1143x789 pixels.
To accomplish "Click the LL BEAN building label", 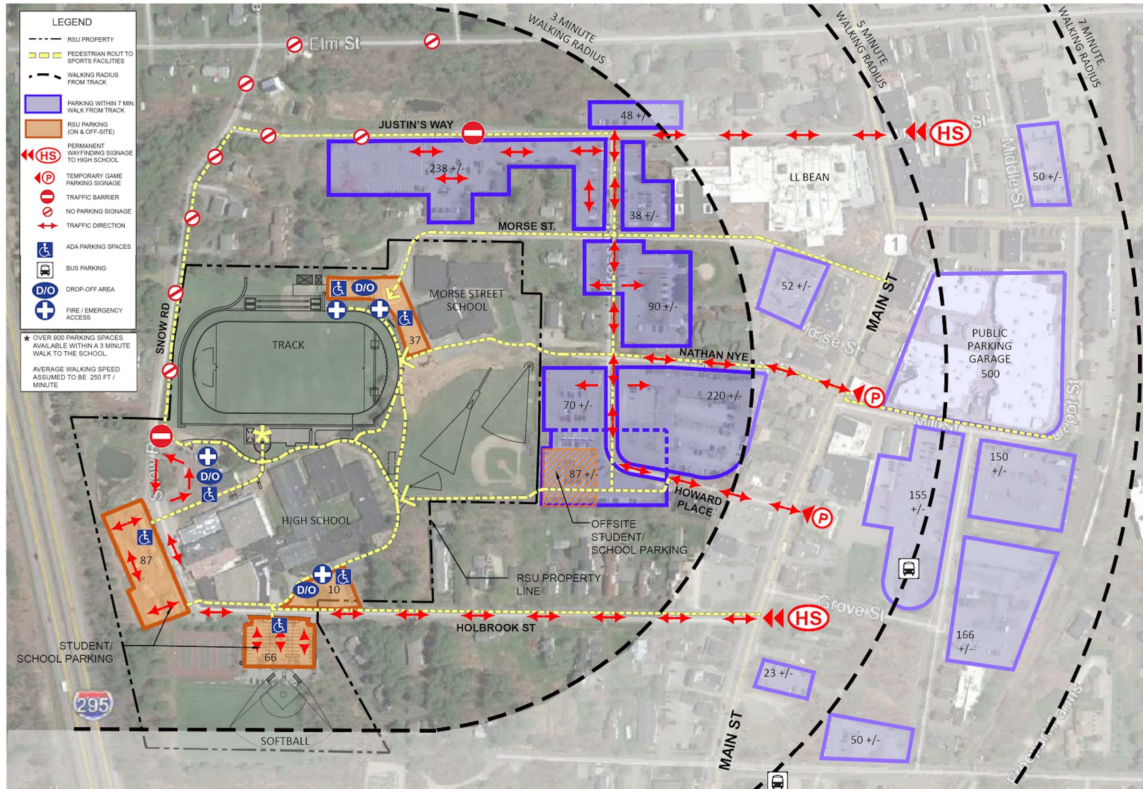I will (809, 177).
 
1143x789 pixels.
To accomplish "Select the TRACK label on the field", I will (288, 345).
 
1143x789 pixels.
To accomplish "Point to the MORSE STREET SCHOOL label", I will (466, 300).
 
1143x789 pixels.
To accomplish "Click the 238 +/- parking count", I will (447, 169).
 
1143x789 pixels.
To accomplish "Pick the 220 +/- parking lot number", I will (724, 396).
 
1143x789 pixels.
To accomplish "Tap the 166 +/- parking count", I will (965, 641).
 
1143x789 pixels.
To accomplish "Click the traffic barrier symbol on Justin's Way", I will (473, 133).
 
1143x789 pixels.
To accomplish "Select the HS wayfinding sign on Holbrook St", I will (808, 618).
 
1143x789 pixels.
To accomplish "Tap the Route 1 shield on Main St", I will (895, 244).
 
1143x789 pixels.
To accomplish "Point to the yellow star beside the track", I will (262, 436).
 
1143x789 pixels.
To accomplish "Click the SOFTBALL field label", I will (285, 741).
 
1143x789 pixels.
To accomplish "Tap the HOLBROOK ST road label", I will (495, 628).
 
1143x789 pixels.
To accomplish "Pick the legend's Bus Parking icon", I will (44, 269).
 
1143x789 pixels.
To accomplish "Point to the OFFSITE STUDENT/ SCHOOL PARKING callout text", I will (639, 536).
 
